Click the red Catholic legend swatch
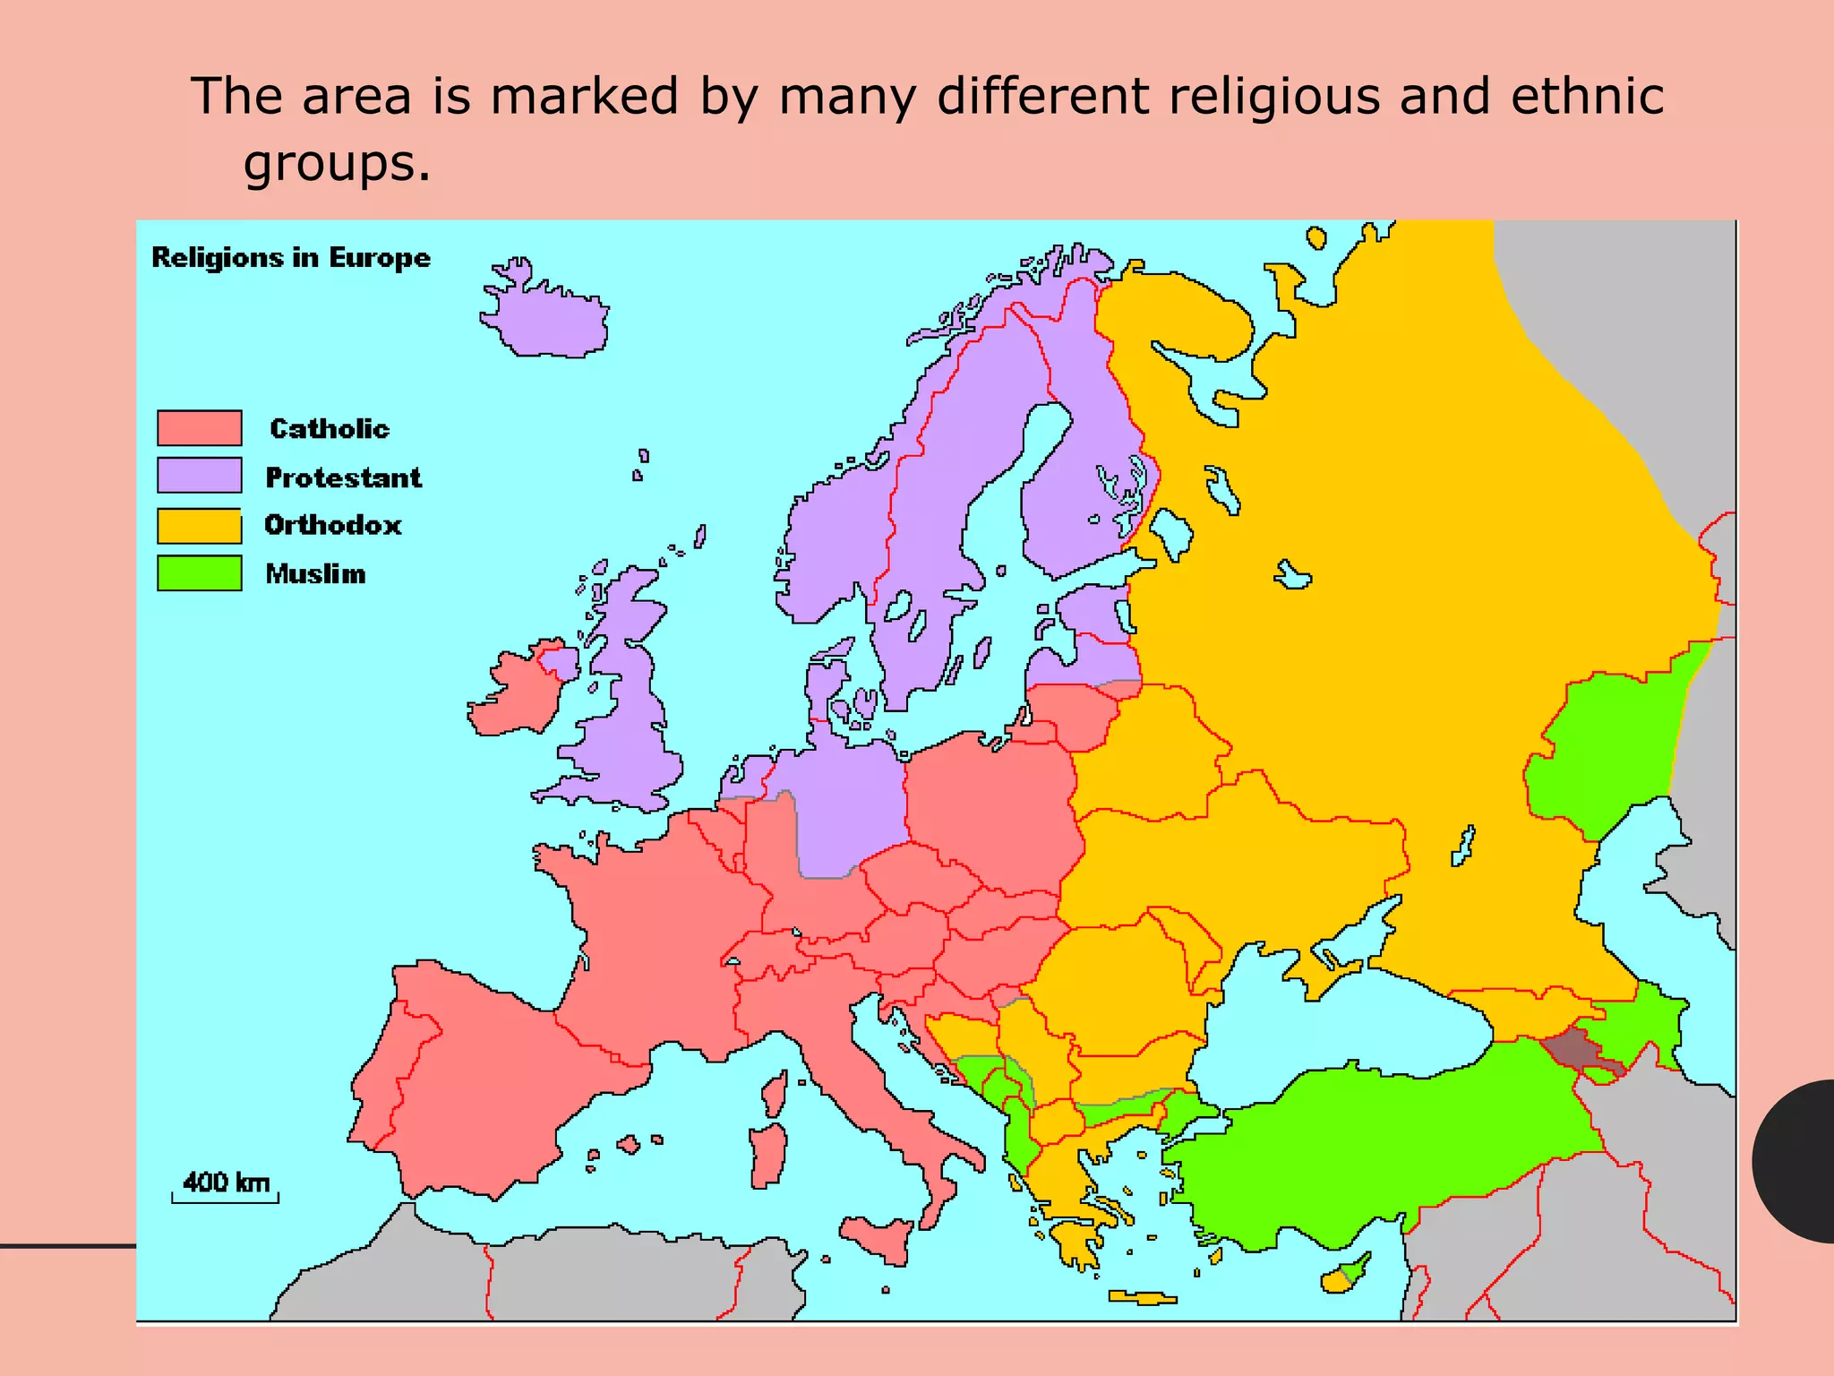(x=199, y=427)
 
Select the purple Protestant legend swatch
(x=199, y=475)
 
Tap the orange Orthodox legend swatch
(x=199, y=526)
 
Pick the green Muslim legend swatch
(x=199, y=573)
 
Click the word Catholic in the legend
(x=330, y=428)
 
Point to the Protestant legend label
(x=343, y=477)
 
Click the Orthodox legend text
(x=333, y=525)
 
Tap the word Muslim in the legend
(x=315, y=573)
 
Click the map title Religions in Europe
(x=291, y=258)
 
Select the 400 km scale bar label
(x=226, y=1182)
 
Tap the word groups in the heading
(x=337, y=162)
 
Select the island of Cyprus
(x=1343, y=1276)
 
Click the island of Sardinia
(x=767, y=1155)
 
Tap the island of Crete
(x=1141, y=1297)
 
